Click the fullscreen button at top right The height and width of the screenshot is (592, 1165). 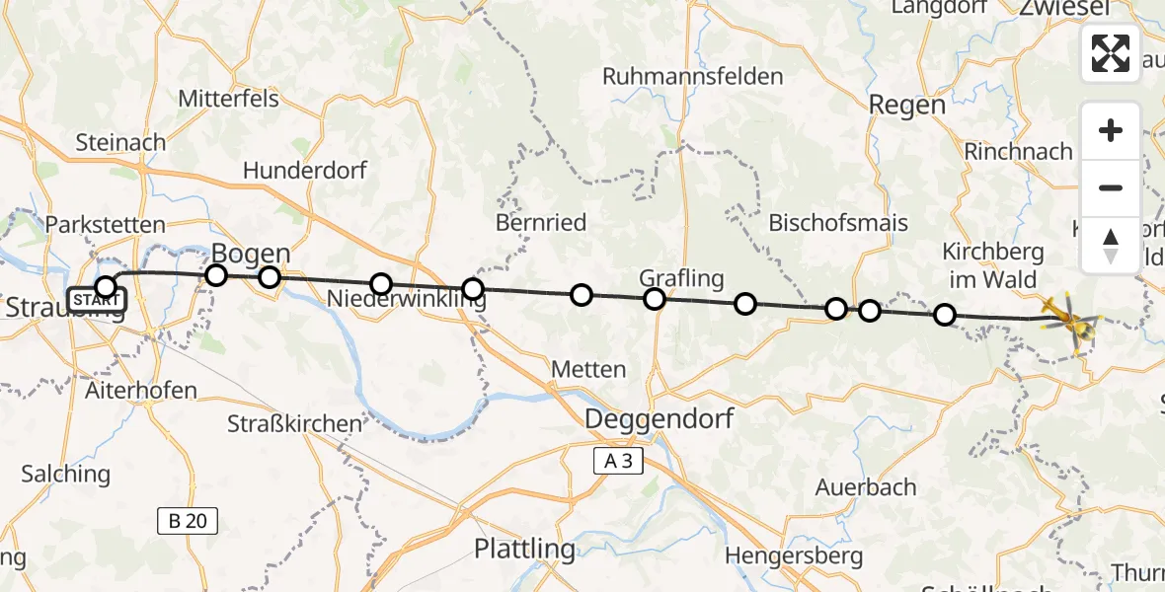tap(1111, 53)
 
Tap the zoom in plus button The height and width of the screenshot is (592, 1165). tap(1111, 130)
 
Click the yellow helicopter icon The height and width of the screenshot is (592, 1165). tap(1068, 320)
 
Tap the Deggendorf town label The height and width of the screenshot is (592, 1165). tap(660, 419)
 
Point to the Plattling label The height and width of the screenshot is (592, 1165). tap(524, 549)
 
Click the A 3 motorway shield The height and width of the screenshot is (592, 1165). tap(618, 460)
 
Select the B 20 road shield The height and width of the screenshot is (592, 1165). tap(188, 520)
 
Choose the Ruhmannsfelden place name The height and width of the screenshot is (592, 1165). tap(692, 76)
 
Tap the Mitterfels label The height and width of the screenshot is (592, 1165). tap(228, 99)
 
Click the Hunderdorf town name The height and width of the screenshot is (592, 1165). tap(305, 171)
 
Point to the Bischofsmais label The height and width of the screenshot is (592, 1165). tap(837, 222)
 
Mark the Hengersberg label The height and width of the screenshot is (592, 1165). tap(794, 556)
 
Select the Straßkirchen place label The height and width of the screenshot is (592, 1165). tap(294, 424)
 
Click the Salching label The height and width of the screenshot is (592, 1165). tap(66, 474)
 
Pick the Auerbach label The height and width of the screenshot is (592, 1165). tap(866, 487)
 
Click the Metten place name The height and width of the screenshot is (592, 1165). tap(588, 370)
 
